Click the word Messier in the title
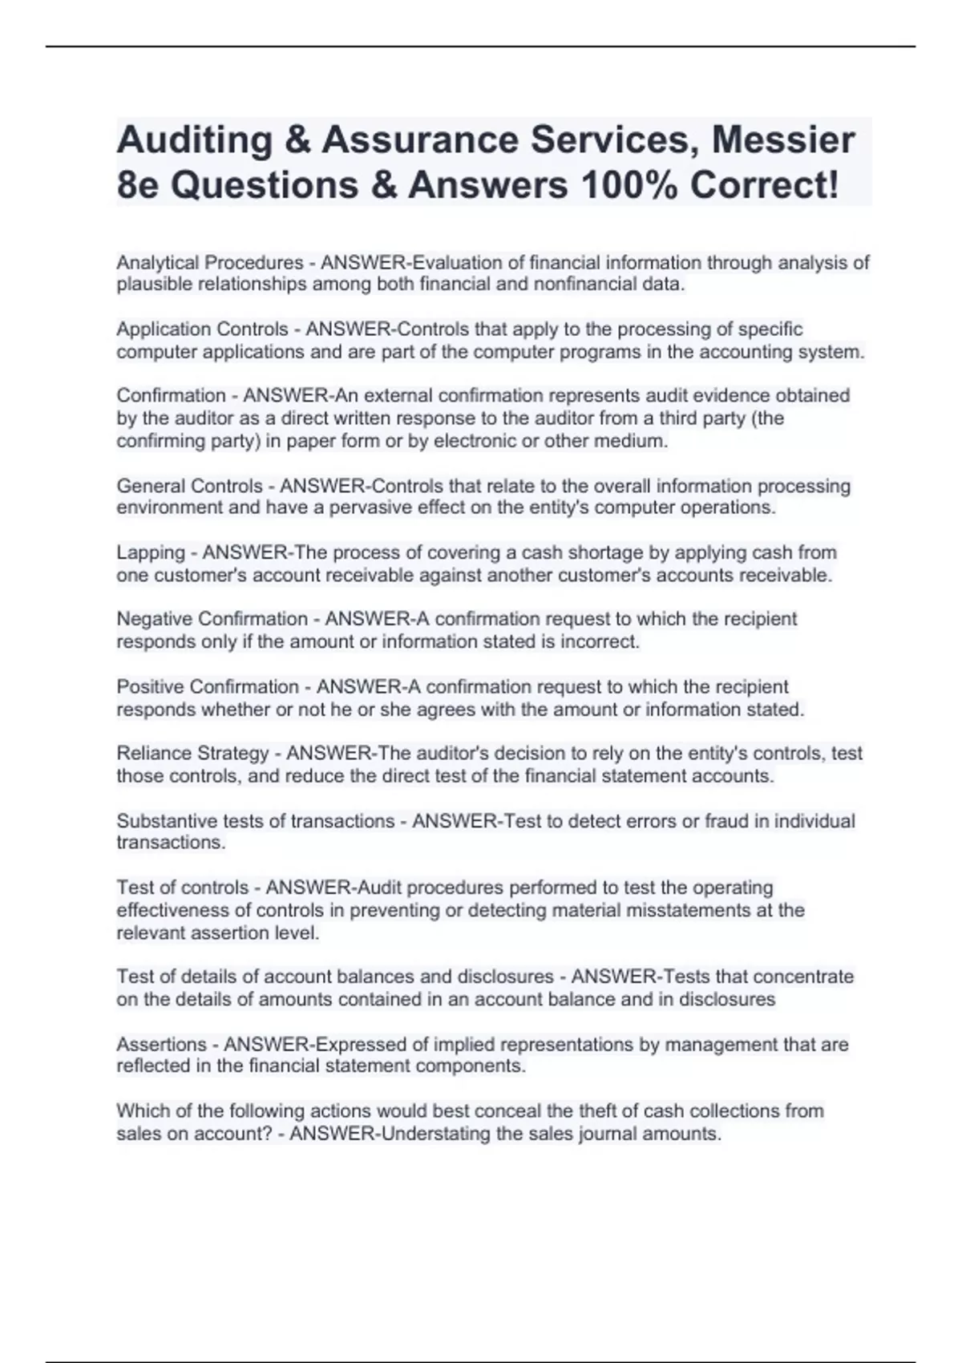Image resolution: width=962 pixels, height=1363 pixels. tap(783, 140)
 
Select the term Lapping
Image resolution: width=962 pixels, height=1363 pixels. tap(151, 552)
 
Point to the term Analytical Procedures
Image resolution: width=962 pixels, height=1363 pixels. tap(210, 262)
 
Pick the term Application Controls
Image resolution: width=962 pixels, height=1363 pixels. tap(202, 329)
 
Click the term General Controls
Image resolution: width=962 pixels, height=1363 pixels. tap(189, 486)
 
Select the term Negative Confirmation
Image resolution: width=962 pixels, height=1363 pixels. tap(212, 619)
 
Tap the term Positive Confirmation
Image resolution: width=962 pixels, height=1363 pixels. tap(208, 686)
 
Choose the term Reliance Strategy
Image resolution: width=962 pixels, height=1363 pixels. tap(192, 753)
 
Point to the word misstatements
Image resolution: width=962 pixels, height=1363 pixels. tap(681, 910)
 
